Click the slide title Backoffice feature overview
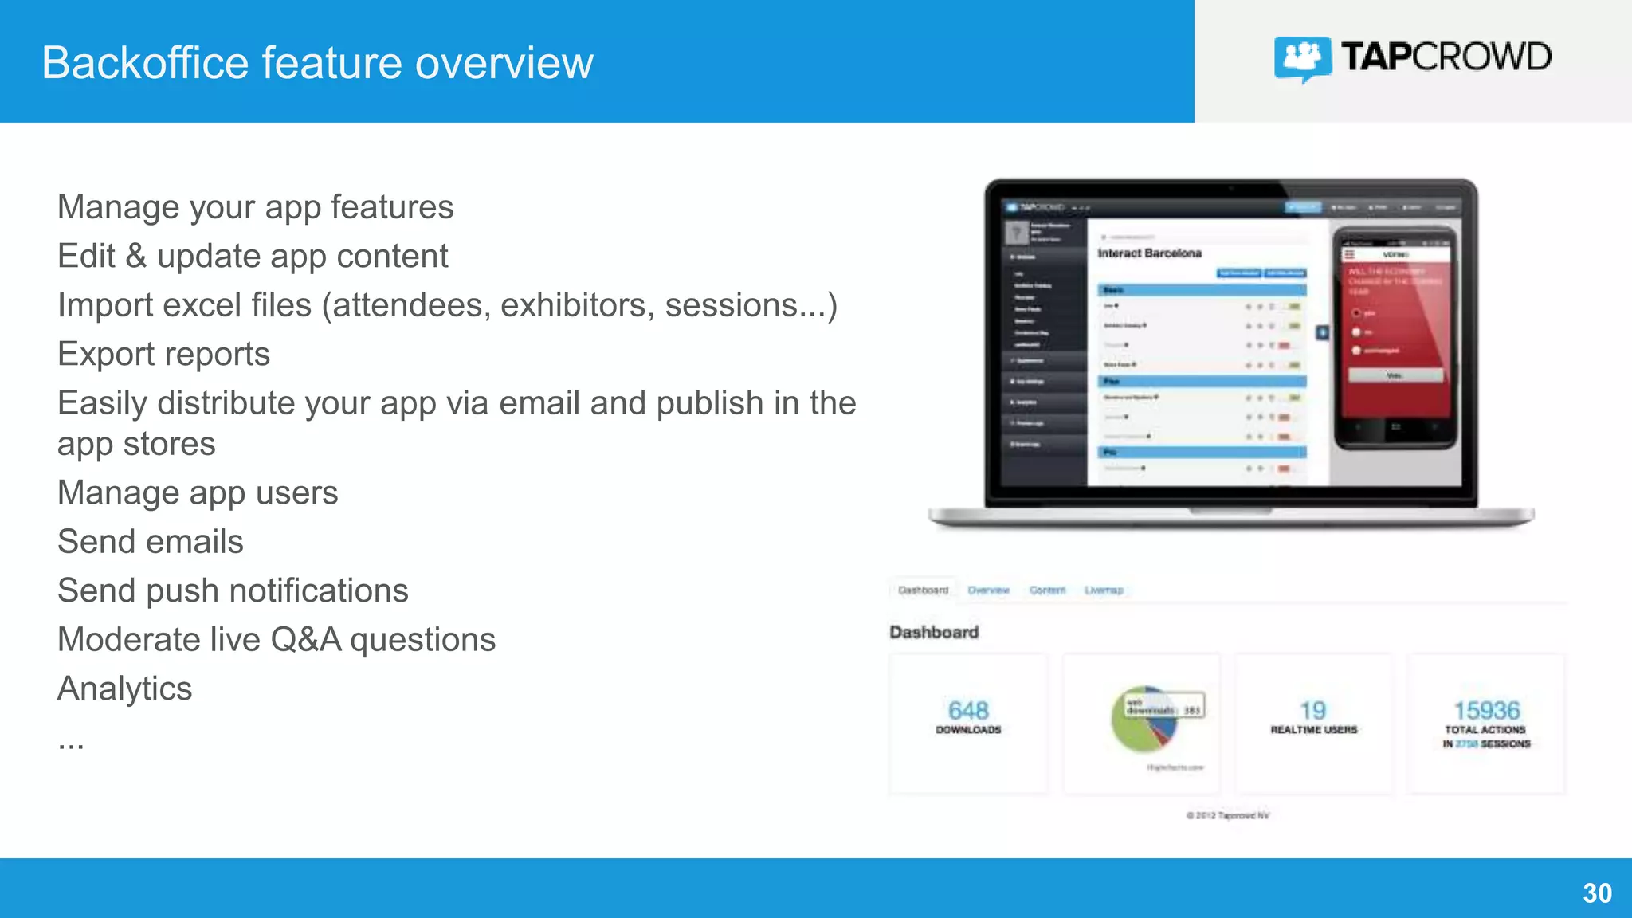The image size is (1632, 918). pyautogui.click(x=317, y=63)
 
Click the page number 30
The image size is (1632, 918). pyautogui.click(x=1597, y=893)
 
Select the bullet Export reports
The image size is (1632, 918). pyautogui.click(x=164, y=354)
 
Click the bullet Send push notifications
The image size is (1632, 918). pyautogui.click(x=233, y=590)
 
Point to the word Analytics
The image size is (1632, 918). pyautogui.click(x=125, y=688)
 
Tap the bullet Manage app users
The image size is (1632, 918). pyautogui.click(x=198, y=492)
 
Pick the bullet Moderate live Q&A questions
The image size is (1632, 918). pyautogui.click(x=277, y=639)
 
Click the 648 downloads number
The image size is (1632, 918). pyautogui.click(x=968, y=710)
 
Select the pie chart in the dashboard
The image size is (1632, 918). pyautogui.click(x=1144, y=720)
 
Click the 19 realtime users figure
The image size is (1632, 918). pyautogui.click(x=1313, y=710)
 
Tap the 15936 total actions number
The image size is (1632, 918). pyautogui.click(x=1486, y=710)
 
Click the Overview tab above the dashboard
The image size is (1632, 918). pyautogui.click(x=988, y=590)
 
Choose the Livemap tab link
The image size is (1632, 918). pyautogui.click(x=1104, y=590)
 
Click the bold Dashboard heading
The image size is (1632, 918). pyautogui.click(x=934, y=632)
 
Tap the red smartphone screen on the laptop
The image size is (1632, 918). pyautogui.click(x=1395, y=335)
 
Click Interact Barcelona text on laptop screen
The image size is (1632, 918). pyautogui.click(x=1149, y=253)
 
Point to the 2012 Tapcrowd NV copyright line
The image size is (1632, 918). pyautogui.click(x=1227, y=815)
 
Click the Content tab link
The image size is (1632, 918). pyautogui.click(x=1047, y=590)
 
